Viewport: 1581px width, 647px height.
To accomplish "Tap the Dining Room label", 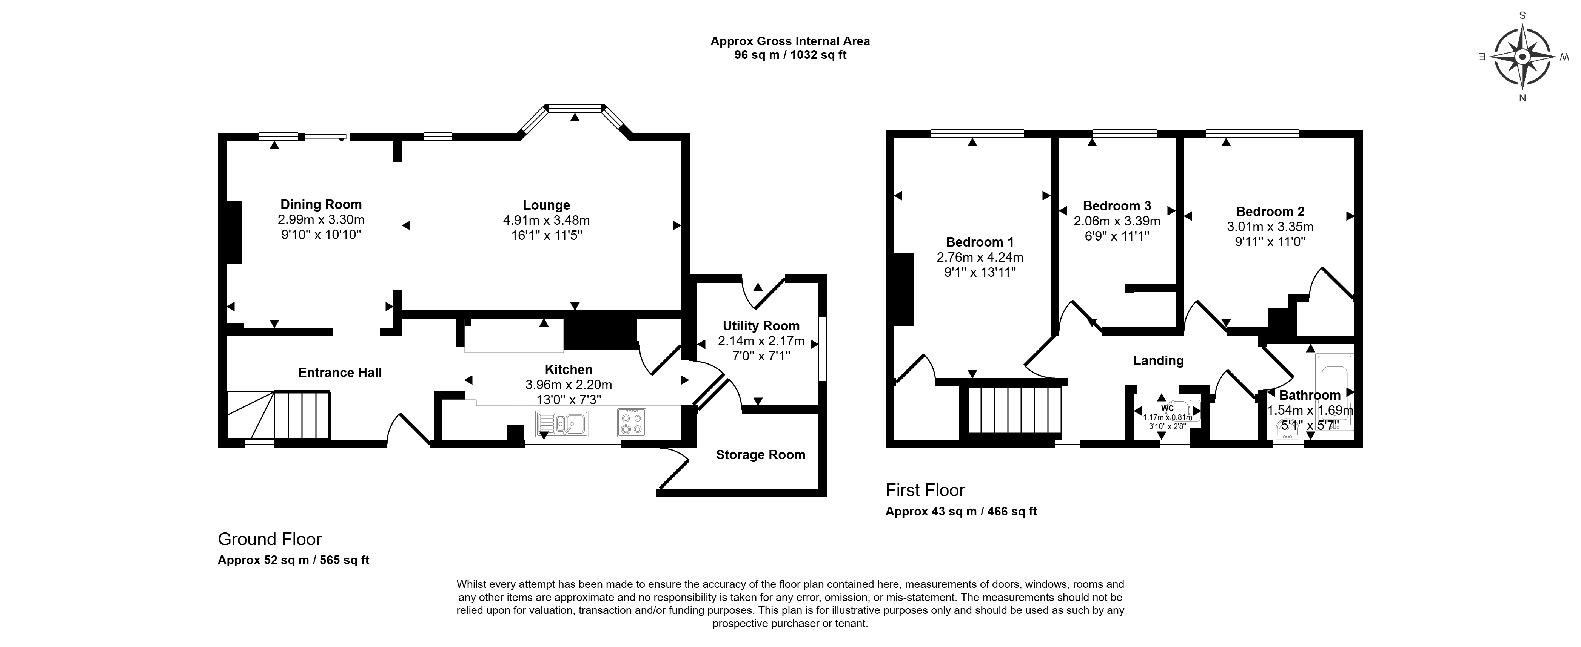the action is tap(321, 204).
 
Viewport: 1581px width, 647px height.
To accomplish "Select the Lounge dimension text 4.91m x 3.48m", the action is tap(546, 220).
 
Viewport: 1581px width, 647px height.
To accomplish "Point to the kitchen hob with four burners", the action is tap(632, 423).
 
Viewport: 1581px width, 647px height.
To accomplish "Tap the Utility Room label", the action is tap(761, 326).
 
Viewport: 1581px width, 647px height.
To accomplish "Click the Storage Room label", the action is tap(760, 454).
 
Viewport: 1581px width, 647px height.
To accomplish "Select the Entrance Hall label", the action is tap(340, 372).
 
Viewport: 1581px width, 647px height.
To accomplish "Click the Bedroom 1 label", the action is tap(980, 242).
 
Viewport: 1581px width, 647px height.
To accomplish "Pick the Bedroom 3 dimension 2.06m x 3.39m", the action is tap(1117, 221).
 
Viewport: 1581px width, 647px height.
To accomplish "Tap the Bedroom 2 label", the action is tap(1270, 211).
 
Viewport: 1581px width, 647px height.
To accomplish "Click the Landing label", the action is tap(1158, 360).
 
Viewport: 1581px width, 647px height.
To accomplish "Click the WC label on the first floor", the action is tap(1167, 408).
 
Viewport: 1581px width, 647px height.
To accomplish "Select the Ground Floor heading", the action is tap(270, 539).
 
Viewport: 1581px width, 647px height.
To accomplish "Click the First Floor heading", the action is tap(925, 490).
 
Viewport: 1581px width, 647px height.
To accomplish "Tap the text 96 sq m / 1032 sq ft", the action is tap(790, 55).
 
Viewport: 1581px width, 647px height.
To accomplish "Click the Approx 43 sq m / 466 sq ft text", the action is tap(961, 511).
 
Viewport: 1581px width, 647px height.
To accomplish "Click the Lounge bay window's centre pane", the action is tap(575, 109).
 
